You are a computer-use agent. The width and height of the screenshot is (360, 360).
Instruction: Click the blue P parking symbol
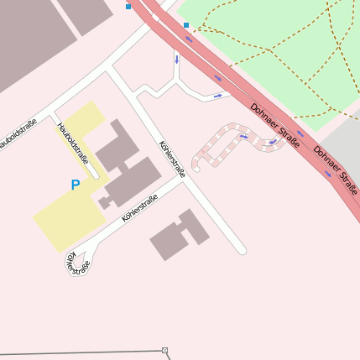[75, 185]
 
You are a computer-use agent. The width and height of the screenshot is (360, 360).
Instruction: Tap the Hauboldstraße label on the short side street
[75, 143]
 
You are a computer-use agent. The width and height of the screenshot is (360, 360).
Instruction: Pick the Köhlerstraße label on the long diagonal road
[172, 159]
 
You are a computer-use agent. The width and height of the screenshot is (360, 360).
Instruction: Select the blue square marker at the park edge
[186, 25]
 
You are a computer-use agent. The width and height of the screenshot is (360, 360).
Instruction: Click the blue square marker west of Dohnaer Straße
[128, 7]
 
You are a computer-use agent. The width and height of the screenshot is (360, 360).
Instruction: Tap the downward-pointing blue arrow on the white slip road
[177, 60]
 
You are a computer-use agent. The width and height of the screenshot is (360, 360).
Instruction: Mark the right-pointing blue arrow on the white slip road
[219, 96]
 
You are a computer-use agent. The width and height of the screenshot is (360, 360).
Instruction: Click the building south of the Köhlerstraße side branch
[179, 235]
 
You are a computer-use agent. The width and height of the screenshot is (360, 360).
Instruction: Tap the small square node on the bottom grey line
[165, 350]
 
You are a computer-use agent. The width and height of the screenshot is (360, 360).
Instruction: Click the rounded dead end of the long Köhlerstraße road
[241, 249]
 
